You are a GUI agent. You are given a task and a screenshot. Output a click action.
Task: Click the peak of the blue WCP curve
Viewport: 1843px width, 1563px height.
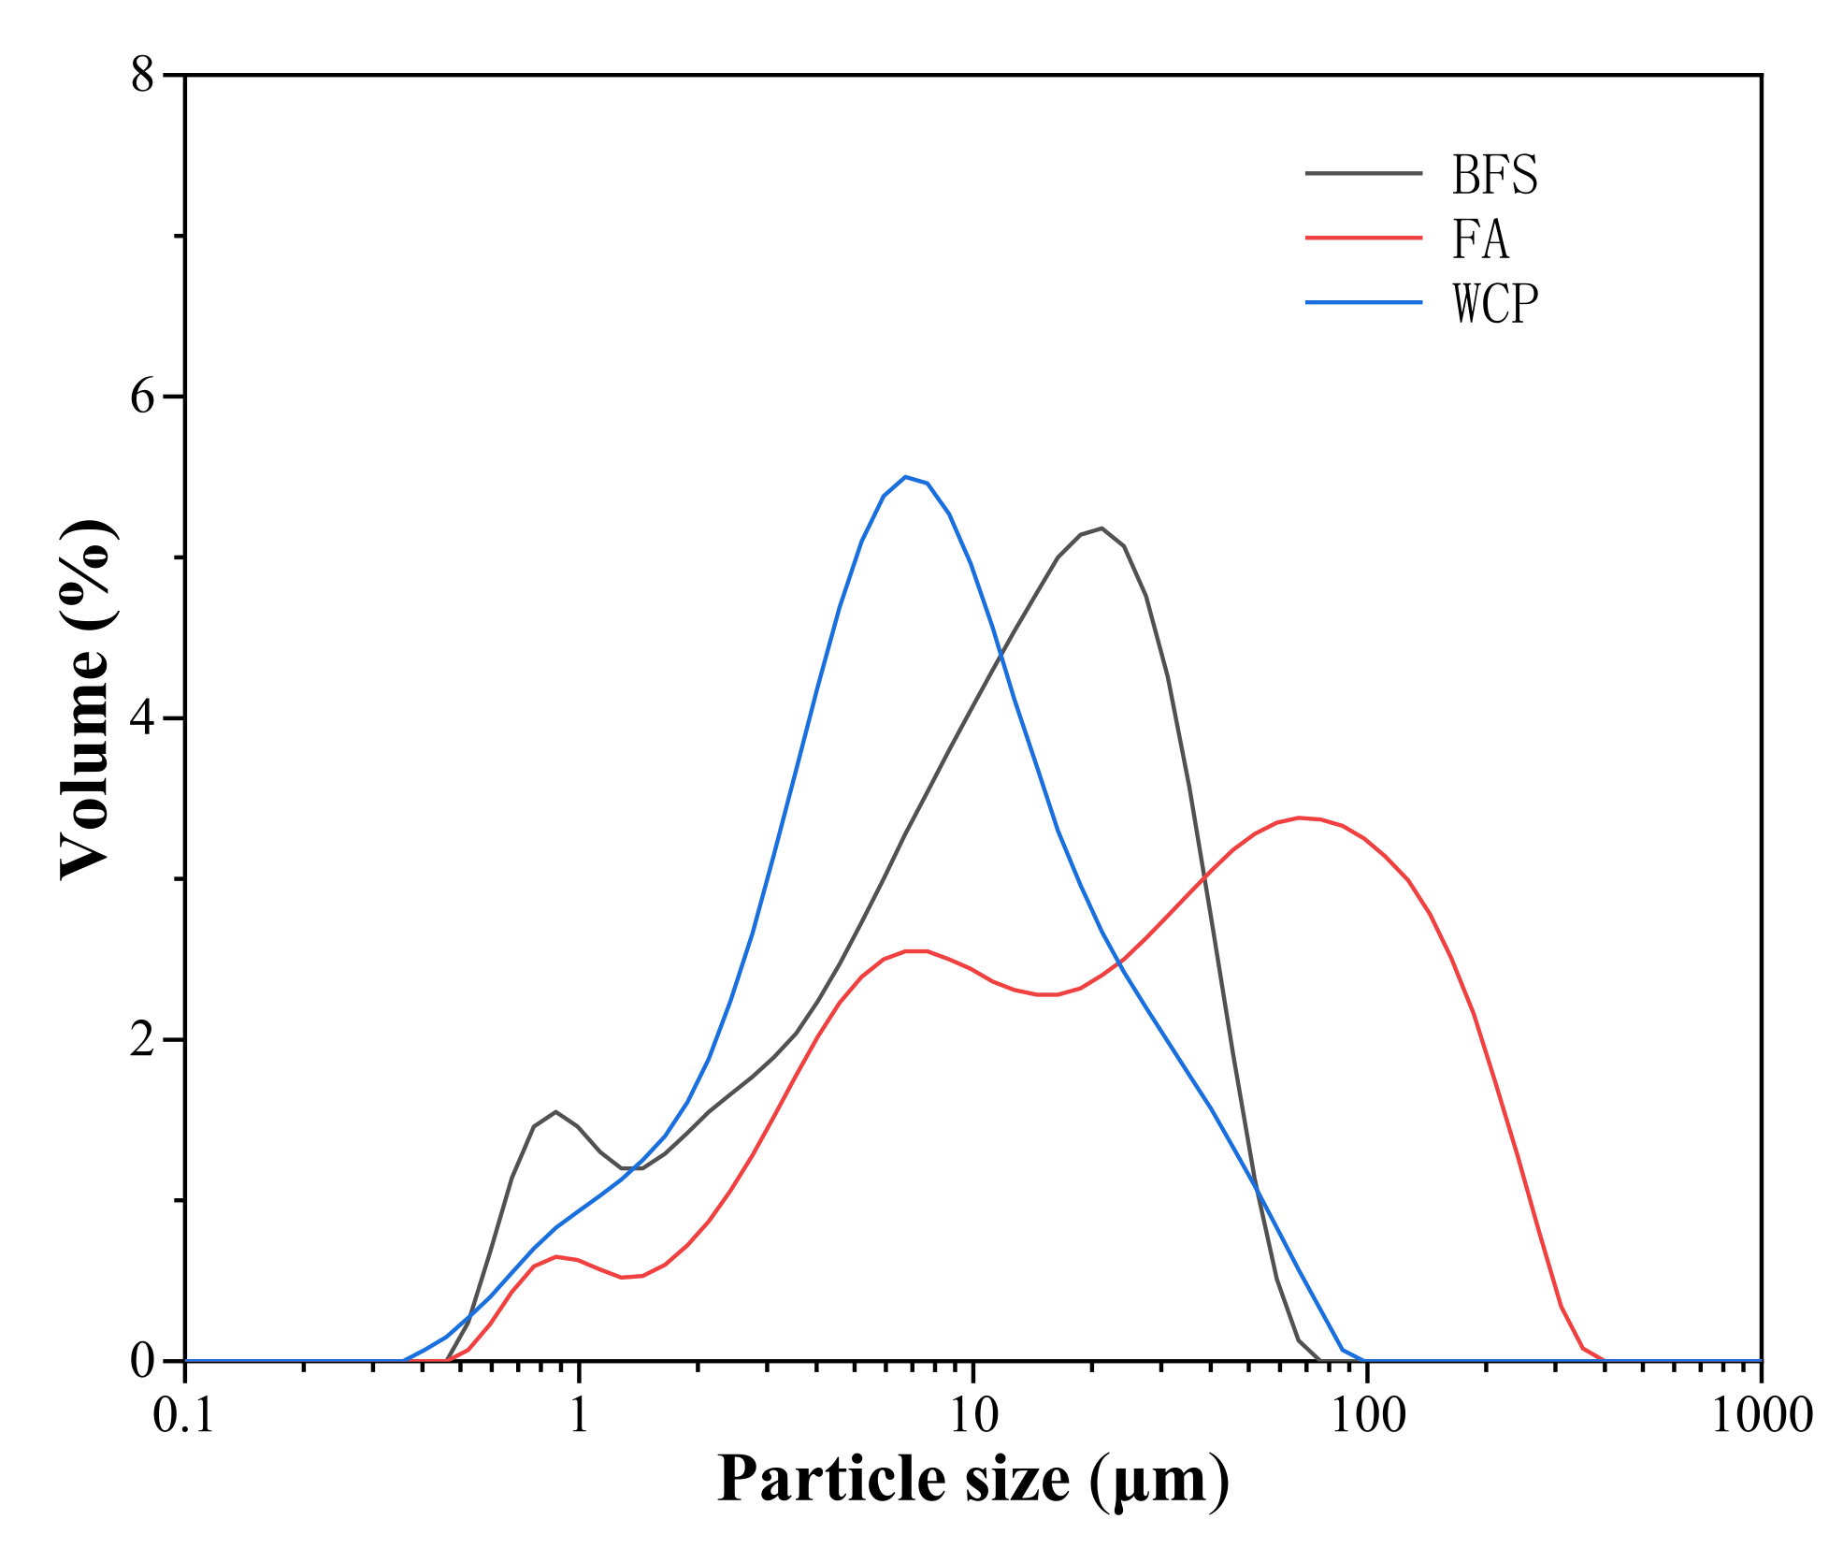(x=905, y=477)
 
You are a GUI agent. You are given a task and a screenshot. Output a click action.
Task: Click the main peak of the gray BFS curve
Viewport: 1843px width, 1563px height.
(x=1101, y=528)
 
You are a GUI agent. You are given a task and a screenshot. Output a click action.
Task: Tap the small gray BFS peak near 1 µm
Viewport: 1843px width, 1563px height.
(x=556, y=1111)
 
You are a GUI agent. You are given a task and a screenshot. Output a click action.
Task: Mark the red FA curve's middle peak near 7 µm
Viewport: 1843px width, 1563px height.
(x=914, y=951)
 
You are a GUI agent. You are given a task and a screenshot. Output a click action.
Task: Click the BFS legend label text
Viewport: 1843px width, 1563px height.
(x=1493, y=175)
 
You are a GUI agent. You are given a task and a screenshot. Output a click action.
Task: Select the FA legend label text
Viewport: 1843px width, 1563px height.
(x=1479, y=239)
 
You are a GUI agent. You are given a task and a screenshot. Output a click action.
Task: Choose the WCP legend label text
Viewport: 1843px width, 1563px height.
(x=1494, y=304)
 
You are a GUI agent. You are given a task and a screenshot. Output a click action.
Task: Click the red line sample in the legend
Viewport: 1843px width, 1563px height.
(x=1363, y=239)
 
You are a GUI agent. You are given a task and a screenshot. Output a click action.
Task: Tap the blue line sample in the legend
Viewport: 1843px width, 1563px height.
(x=1363, y=302)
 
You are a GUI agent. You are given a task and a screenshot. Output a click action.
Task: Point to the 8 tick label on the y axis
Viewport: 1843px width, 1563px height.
(x=142, y=75)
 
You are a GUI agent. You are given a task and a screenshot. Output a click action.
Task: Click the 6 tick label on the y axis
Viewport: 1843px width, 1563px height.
(x=142, y=397)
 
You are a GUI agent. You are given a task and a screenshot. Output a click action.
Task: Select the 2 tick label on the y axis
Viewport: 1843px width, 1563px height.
(x=142, y=1039)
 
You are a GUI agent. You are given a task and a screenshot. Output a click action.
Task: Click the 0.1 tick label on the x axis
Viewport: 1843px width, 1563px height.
(x=184, y=1415)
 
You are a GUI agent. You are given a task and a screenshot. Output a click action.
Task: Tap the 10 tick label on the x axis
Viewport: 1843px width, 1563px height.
(x=973, y=1415)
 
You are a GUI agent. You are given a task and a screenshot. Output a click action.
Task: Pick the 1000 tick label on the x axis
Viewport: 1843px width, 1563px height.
(x=1761, y=1415)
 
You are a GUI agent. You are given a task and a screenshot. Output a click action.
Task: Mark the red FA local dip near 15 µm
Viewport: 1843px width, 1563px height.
(x=1047, y=994)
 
